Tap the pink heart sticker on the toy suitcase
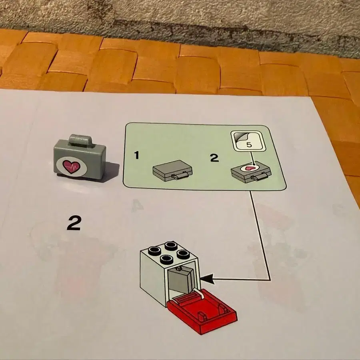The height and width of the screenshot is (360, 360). point(72,166)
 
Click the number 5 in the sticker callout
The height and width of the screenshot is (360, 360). point(249,145)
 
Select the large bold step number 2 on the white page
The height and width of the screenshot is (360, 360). point(74,223)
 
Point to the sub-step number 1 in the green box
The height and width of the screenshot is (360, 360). point(137,155)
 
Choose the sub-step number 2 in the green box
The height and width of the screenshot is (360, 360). point(214,158)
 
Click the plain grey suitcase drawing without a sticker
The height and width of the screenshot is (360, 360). point(172,171)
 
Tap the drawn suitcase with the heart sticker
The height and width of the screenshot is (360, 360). point(251,172)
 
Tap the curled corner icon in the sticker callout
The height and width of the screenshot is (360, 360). point(240,137)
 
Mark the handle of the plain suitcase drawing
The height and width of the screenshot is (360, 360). point(180,176)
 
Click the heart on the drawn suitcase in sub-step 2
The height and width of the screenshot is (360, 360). point(249,168)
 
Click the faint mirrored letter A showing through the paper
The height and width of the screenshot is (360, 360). point(137,206)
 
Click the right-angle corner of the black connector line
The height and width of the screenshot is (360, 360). point(270,280)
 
